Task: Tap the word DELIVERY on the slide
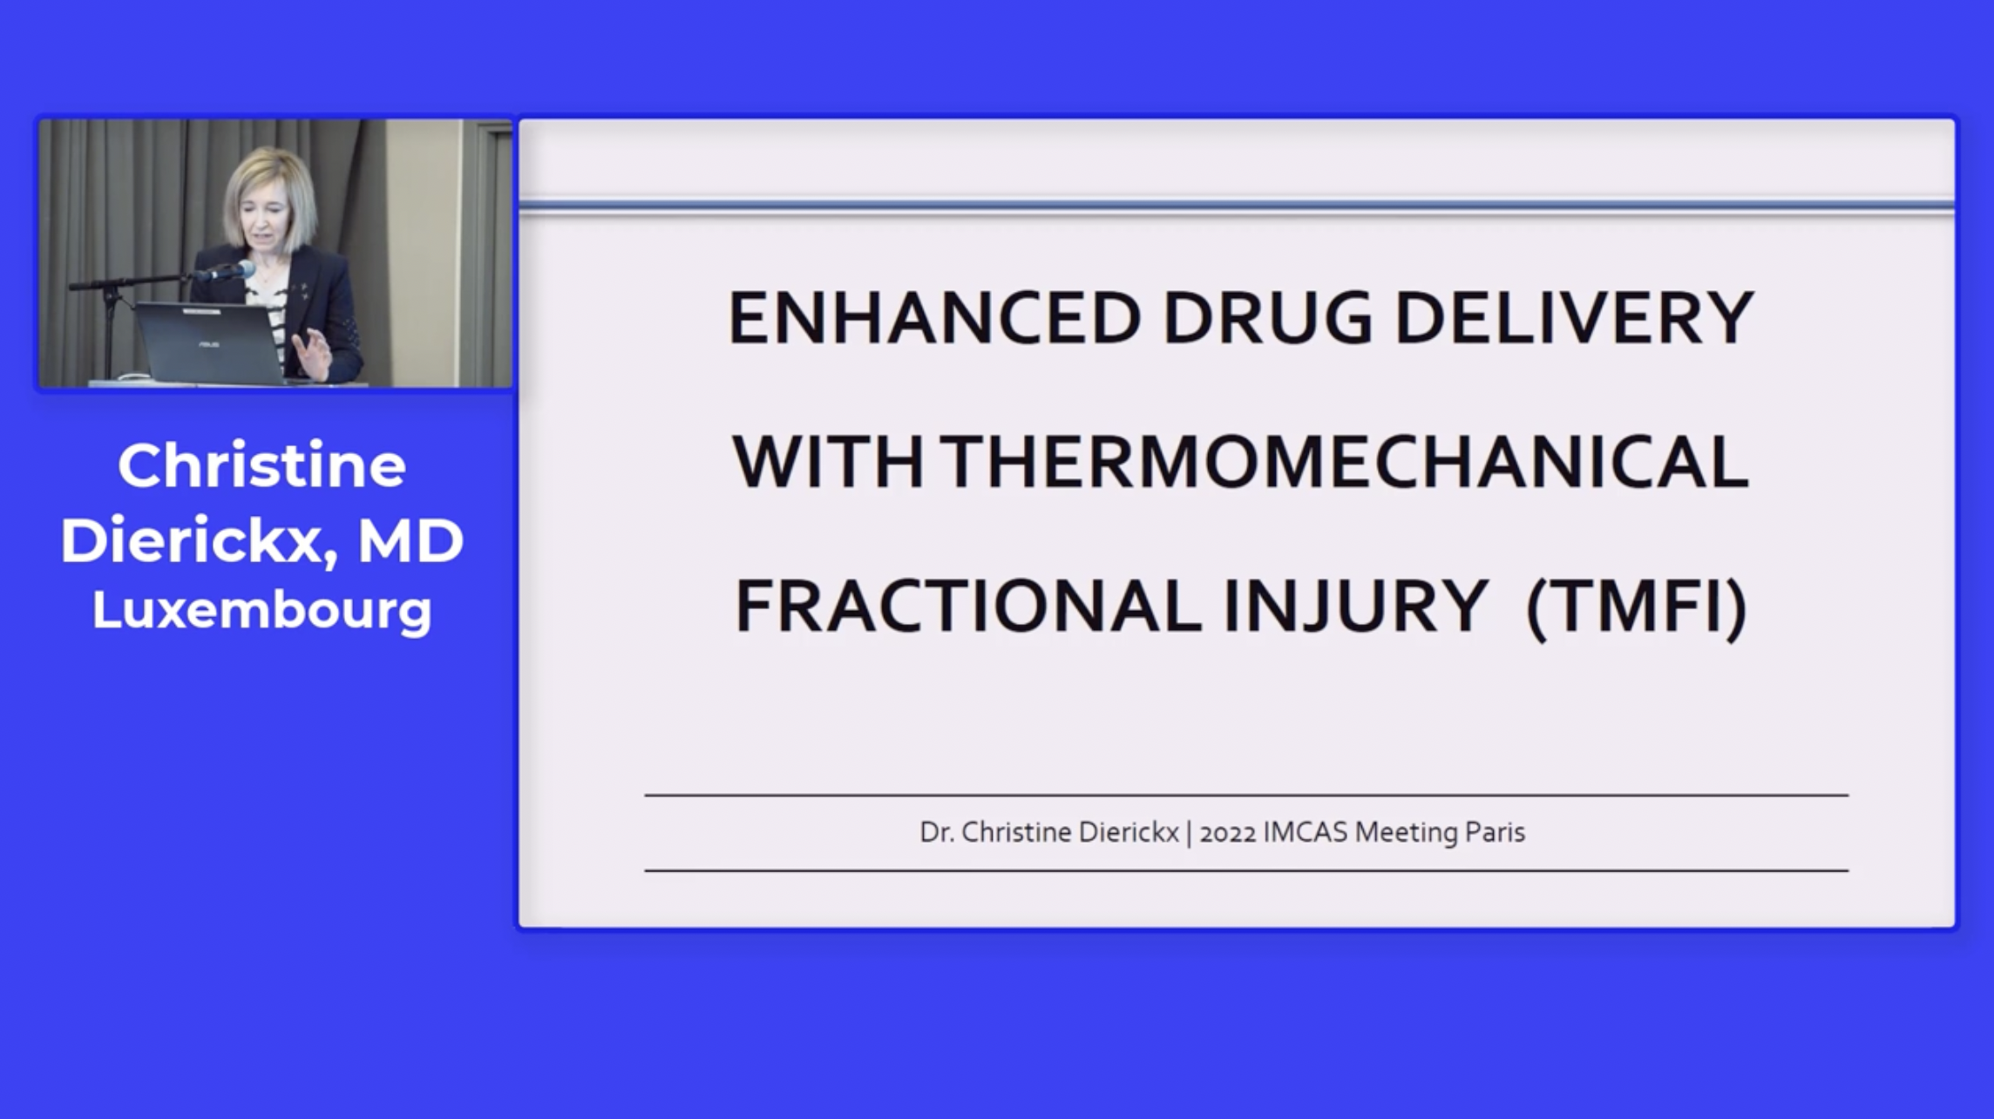coord(1574,318)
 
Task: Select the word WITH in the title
coord(828,462)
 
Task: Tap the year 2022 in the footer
coord(1228,833)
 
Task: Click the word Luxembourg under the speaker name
coord(261,611)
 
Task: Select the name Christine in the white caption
coord(261,465)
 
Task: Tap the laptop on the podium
coord(209,342)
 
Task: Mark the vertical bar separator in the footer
coord(1189,833)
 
